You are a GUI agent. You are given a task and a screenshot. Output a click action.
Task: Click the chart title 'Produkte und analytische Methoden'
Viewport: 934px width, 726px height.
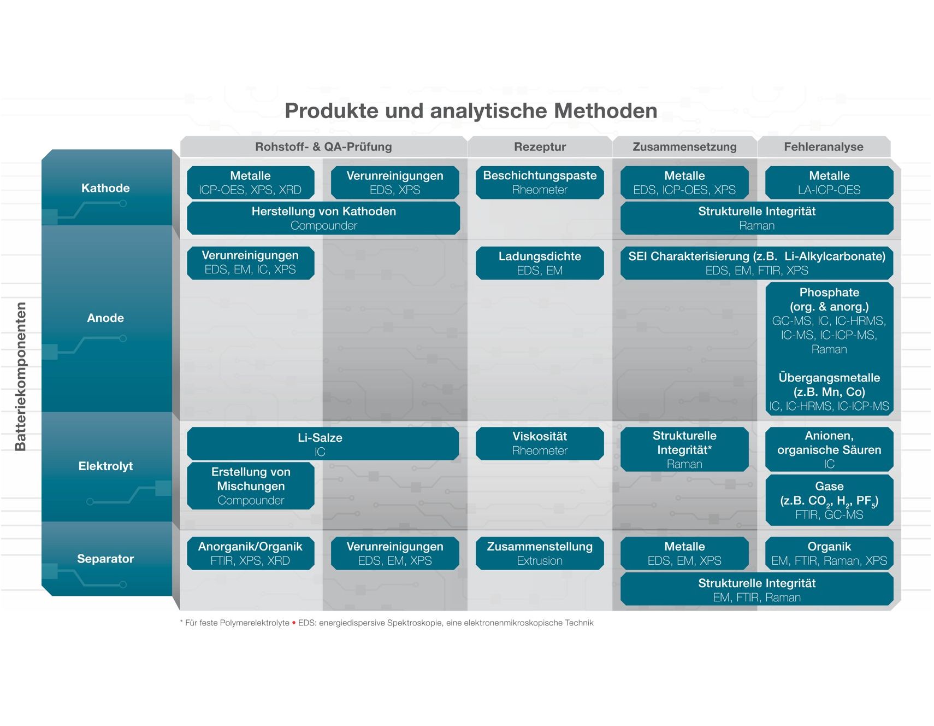471,111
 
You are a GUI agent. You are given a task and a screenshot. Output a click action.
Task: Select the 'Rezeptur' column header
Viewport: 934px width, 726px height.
540,147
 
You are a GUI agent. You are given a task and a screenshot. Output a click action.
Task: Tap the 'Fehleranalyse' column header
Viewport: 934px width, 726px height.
824,147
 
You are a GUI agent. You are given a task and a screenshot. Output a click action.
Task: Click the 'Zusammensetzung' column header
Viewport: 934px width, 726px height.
684,147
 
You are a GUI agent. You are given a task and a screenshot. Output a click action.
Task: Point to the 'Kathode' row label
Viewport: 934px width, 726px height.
105,188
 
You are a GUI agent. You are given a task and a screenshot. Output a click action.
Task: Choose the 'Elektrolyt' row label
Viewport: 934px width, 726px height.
105,466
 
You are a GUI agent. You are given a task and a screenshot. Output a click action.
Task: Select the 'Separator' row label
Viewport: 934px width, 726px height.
105,559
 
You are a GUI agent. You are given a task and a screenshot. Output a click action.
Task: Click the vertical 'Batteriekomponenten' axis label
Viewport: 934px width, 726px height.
21,377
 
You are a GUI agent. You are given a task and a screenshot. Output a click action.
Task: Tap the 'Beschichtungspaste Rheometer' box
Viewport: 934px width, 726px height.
540,183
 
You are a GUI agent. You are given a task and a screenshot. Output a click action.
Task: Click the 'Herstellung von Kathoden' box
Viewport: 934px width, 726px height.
323,218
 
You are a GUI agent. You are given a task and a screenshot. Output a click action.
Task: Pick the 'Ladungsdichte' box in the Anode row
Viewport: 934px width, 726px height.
540,263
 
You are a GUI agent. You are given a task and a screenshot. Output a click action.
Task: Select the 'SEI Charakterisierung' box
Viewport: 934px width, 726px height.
756,263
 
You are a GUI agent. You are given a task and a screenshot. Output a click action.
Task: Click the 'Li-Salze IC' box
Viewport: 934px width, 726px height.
323,444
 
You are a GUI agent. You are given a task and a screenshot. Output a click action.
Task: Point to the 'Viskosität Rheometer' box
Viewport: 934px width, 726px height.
540,443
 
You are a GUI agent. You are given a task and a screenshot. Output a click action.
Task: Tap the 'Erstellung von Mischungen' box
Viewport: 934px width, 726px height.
251,486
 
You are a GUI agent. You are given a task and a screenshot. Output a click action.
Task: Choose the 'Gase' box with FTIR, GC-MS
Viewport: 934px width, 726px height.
829,500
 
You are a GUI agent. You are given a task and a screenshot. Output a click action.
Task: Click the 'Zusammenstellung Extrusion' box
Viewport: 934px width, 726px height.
540,553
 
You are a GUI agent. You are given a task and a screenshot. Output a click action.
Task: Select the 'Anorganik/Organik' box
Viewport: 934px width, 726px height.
251,553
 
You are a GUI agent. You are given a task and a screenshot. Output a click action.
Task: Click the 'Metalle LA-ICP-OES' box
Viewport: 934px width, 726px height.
829,183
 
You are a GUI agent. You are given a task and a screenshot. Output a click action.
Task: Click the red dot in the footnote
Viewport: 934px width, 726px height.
294,623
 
